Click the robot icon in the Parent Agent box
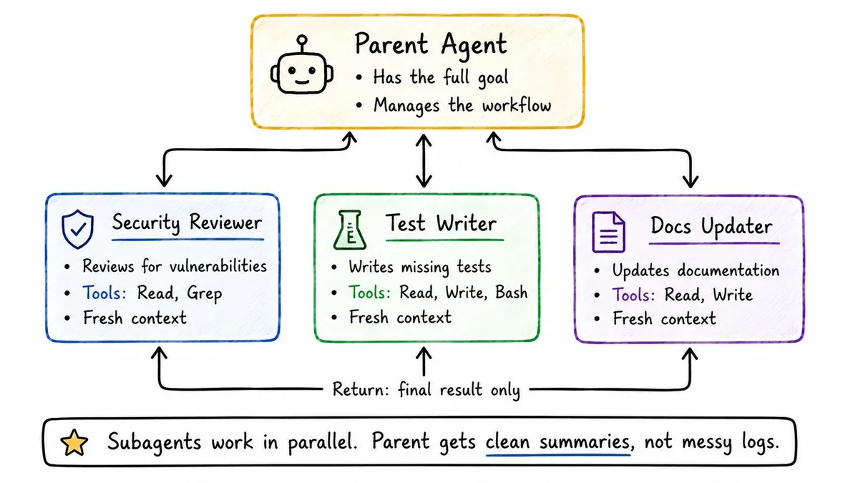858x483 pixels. click(x=301, y=66)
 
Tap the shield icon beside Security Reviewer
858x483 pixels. click(x=78, y=229)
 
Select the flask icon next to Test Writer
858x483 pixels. click(x=350, y=230)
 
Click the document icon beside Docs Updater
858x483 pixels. click(x=608, y=232)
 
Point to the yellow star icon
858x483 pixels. click(x=74, y=442)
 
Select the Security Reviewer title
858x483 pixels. click(x=187, y=223)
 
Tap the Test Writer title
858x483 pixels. click(x=441, y=223)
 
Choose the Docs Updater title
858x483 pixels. click(x=711, y=226)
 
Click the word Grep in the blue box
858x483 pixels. click(x=204, y=294)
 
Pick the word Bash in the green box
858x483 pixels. click(x=511, y=293)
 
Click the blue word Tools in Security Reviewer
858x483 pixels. click(x=104, y=293)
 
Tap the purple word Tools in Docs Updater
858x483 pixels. click(x=633, y=295)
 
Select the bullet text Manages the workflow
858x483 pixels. click(x=462, y=105)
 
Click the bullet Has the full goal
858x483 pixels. click(x=441, y=78)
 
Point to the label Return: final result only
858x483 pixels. click(x=426, y=390)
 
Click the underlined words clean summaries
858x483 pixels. click(x=557, y=441)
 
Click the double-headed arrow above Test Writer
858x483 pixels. click(x=424, y=161)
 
